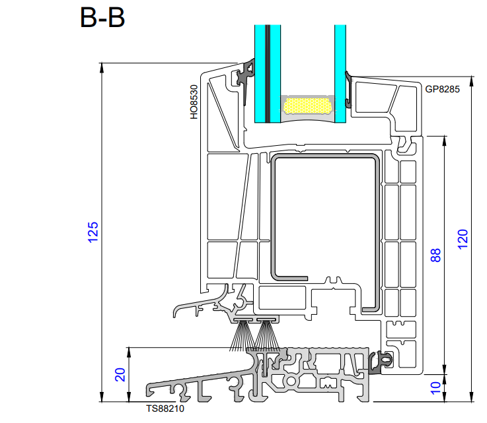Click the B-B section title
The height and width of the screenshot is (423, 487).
(102, 18)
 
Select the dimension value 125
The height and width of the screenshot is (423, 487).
(93, 232)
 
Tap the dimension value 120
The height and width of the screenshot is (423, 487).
(463, 239)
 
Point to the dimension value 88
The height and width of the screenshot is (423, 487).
(435, 255)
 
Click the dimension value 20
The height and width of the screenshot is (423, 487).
(120, 375)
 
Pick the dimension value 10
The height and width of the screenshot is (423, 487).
(435, 388)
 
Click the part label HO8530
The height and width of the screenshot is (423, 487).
(194, 102)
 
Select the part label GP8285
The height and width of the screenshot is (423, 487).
(442, 89)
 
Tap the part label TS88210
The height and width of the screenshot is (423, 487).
(165, 408)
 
